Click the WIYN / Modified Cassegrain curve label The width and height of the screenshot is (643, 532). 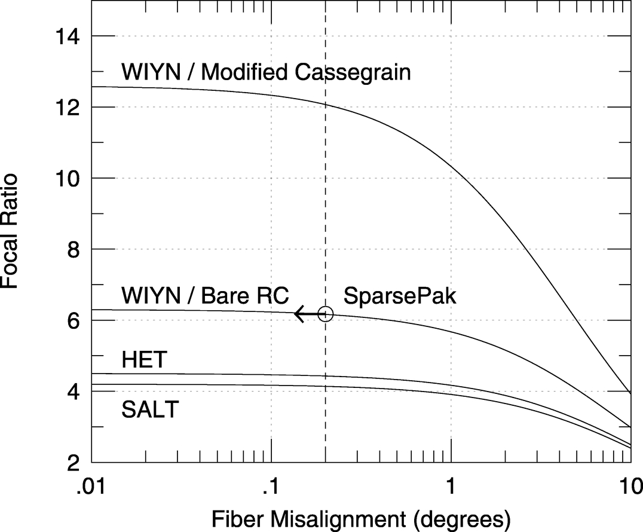266,72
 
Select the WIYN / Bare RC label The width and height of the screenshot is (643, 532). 205,295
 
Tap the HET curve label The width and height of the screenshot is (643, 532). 143,360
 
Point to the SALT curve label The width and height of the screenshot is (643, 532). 150,410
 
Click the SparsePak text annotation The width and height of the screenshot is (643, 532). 400,296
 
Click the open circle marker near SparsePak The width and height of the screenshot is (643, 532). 325,313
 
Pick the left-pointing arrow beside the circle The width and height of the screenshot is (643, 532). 306,313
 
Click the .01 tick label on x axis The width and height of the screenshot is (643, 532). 91,484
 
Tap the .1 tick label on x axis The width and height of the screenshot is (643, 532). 272,484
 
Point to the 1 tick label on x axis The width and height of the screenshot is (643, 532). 451,484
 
